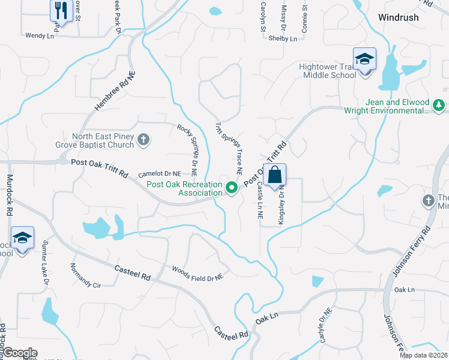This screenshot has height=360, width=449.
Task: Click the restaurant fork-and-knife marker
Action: tap(61, 10)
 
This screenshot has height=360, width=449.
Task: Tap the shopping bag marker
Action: tap(274, 176)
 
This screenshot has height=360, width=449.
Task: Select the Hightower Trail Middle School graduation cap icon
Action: tap(364, 59)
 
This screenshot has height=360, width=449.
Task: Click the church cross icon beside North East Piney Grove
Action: tap(143, 140)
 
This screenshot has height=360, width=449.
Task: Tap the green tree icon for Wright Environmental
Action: tap(439, 106)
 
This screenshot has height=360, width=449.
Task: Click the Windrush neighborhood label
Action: tap(399, 17)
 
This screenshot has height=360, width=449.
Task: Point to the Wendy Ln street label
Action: tap(40, 36)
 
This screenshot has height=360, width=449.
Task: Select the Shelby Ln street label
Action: tap(283, 39)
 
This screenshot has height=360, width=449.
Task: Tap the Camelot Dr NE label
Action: tap(160, 174)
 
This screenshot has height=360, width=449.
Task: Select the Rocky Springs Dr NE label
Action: tap(187, 146)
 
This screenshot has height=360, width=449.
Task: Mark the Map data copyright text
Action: tap(424, 355)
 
